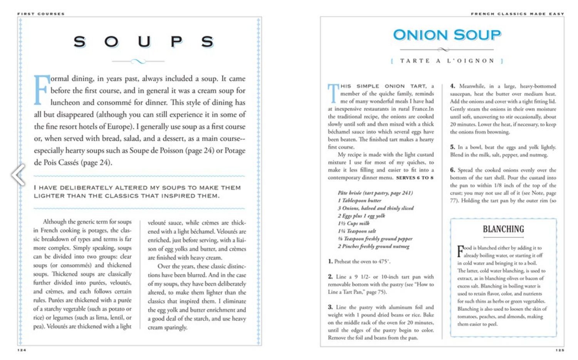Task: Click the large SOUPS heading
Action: tap(143, 42)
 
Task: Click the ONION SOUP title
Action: tap(447, 35)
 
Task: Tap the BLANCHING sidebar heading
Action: tap(503, 229)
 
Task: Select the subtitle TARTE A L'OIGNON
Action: tap(447, 61)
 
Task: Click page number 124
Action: tap(22, 350)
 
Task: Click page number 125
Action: tap(560, 350)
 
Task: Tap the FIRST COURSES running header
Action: tap(41, 14)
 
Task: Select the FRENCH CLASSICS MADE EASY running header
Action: tap(517, 14)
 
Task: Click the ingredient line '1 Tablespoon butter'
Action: tap(360, 201)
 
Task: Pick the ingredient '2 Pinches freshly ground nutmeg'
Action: tap(373, 246)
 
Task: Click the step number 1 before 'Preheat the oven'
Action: tap(330, 261)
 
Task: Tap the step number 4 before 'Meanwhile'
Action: tap(452, 86)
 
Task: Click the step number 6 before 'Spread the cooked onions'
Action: tap(452, 170)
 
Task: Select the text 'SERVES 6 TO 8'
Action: tap(415, 178)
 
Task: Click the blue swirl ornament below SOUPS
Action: tap(138, 61)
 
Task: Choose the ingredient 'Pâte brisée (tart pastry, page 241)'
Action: tap(375, 193)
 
